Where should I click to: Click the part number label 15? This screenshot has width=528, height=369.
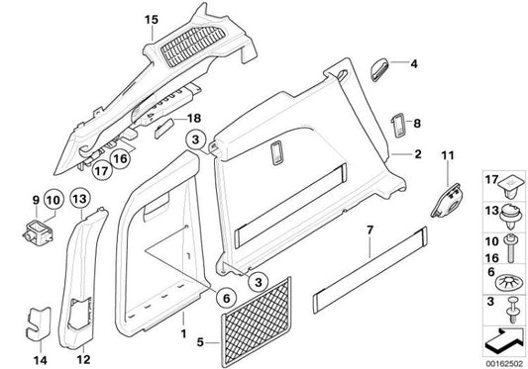[151, 20]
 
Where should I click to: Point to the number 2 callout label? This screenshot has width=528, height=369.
[418, 154]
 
